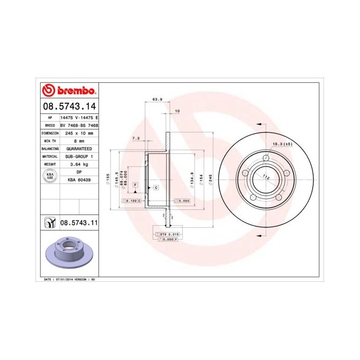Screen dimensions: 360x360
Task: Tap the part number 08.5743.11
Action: (79, 223)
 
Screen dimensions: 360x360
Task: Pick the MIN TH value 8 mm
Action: (79, 140)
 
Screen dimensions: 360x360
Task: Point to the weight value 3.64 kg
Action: (79, 164)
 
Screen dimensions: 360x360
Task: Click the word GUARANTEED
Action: (79, 148)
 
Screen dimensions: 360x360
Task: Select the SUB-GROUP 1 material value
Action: (79, 156)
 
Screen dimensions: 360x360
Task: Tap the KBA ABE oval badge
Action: (50, 176)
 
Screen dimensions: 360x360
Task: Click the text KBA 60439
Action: (79, 180)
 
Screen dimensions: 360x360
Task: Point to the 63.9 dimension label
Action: (157, 99)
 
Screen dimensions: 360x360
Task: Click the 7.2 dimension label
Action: (136, 138)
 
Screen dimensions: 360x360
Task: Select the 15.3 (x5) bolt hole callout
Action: (282, 144)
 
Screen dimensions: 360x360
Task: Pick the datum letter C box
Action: (155, 188)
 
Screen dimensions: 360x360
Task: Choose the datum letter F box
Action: (135, 184)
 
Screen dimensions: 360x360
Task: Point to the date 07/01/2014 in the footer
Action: (64, 279)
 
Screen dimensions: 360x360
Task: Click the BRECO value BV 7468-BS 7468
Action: (79, 125)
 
